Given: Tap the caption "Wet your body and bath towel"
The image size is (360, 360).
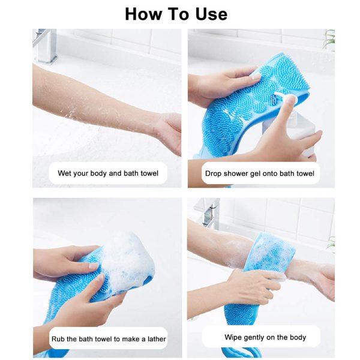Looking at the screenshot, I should point(108,173).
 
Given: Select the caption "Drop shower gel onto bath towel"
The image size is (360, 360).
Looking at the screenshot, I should point(259,173).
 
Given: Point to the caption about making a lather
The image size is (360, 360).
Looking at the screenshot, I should point(108,339).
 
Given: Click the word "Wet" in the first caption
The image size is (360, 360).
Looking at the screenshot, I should point(65,173).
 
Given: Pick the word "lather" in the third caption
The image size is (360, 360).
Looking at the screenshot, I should point(154,339).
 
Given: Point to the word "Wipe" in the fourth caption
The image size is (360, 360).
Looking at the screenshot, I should point(234,337).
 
